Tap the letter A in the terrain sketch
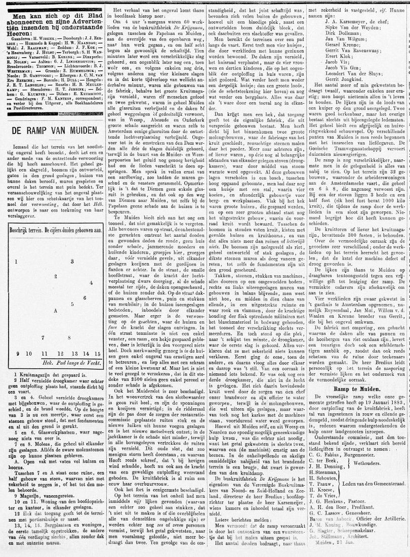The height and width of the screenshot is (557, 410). pyautogui.click(x=55, y=310)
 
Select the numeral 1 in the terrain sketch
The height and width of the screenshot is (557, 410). pyautogui.click(x=16, y=261)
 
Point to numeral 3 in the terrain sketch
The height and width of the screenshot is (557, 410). pyautogui.click(x=72, y=261)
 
